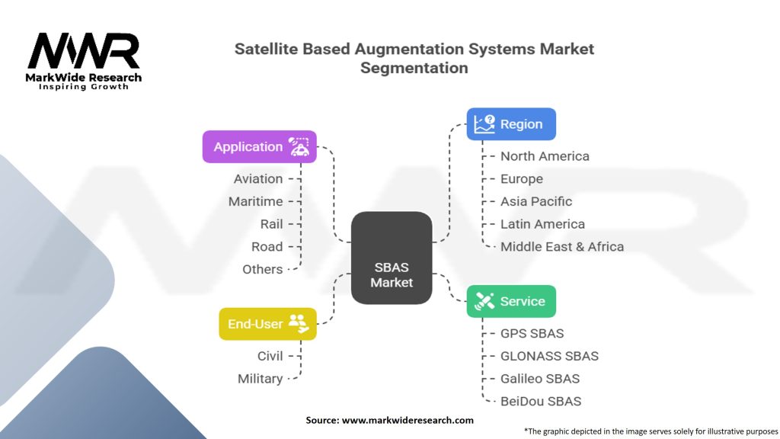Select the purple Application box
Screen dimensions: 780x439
tap(259, 147)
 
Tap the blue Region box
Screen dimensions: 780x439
tap(511, 124)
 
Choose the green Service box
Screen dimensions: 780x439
tap(511, 301)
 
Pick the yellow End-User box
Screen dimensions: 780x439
tap(267, 324)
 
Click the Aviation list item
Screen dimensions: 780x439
tap(257, 179)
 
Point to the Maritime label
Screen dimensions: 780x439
tap(255, 201)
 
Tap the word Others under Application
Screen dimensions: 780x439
tap(262, 269)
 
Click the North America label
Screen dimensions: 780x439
tap(545, 156)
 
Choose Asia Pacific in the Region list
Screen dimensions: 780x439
tap(536, 201)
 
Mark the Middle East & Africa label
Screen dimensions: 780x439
tap(562, 246)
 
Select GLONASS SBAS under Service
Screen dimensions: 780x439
tap(549, 356)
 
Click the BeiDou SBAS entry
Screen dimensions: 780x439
tap(541, 401)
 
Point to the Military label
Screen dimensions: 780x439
tap(260, 379)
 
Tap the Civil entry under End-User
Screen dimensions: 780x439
tap(270, 356)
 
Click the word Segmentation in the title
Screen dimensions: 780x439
tap(414, 68)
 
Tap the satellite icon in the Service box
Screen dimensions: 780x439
tap(484, 301)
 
